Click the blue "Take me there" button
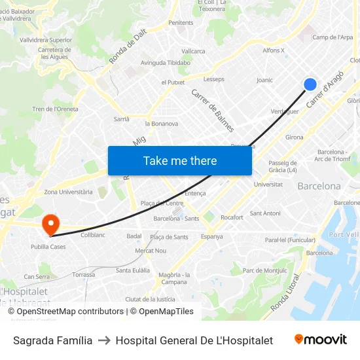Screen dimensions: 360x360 [179, 160]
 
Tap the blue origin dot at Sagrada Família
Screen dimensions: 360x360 [310, 84]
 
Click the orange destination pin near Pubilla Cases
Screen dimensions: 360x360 [50, 225]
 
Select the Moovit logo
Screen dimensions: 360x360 [320, 340]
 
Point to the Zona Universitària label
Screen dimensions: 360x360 [68, 192]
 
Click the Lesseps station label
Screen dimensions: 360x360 [213, 79]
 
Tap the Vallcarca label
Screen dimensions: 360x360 [193, 51]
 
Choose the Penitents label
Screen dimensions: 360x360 [181, 23]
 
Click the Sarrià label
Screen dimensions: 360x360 [122, 119]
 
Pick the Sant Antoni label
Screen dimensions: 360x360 [265, 213]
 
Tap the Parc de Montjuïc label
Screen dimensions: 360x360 [264, 271]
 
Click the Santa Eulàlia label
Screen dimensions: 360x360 [132, 270]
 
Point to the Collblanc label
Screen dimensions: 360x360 [92, 234]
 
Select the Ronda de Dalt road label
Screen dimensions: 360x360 [126, 48]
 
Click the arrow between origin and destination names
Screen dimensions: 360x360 [104, 340]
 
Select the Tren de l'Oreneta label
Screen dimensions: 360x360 [55, 109]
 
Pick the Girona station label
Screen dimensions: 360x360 [294, 137]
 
